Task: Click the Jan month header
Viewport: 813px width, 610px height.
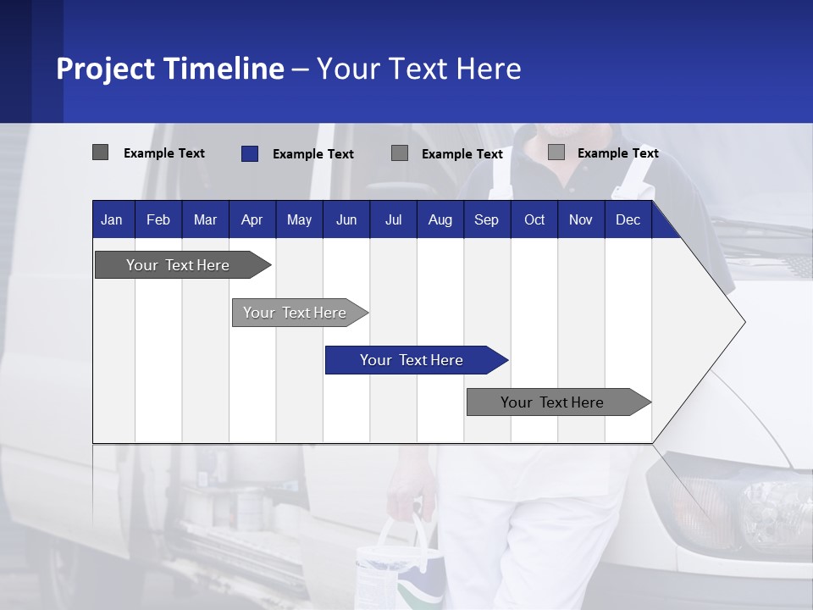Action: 112,220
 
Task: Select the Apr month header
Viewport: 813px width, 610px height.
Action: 252,220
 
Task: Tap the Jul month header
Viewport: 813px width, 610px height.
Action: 393,220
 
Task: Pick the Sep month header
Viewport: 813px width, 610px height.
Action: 486,220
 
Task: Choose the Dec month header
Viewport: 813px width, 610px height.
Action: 628,220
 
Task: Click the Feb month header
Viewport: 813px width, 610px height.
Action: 158,220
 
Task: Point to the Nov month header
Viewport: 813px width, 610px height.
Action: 580,220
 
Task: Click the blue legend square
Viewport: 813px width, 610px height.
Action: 250,153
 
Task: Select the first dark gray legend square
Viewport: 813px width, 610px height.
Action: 101,152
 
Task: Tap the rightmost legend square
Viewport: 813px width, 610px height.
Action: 556,152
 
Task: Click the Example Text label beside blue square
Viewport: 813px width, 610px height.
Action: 312,154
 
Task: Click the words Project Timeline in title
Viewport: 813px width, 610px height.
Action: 169,69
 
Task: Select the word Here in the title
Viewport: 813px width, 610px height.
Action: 489,69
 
